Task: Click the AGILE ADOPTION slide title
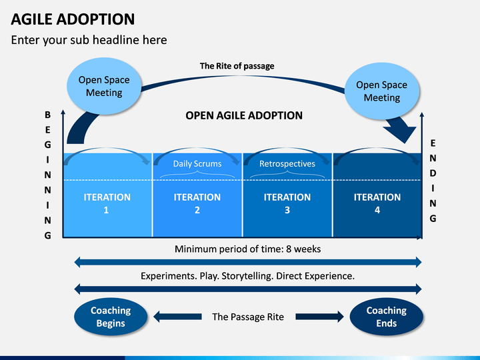[73, 19]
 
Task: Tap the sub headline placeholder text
[89, 40]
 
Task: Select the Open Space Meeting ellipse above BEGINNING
[104, 86]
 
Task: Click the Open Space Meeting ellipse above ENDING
[382, 91]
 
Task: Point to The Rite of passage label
[237, 66]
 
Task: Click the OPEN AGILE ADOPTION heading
[244, 115]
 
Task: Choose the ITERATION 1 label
[107, 203]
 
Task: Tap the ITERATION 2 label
[197, 203]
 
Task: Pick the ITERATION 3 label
[287, 203]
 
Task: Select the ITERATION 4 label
[377, 203]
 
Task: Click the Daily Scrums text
[197, 164]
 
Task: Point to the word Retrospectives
[287, 164]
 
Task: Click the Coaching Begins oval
[111, 317]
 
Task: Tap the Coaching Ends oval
[386, 317]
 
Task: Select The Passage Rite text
[248, 317]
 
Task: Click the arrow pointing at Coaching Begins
[177, 317]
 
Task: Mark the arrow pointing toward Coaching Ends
[319, 317]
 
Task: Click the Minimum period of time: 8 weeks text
[247, 249]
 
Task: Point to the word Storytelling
[247, 276]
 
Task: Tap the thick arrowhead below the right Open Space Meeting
[401, 131]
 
